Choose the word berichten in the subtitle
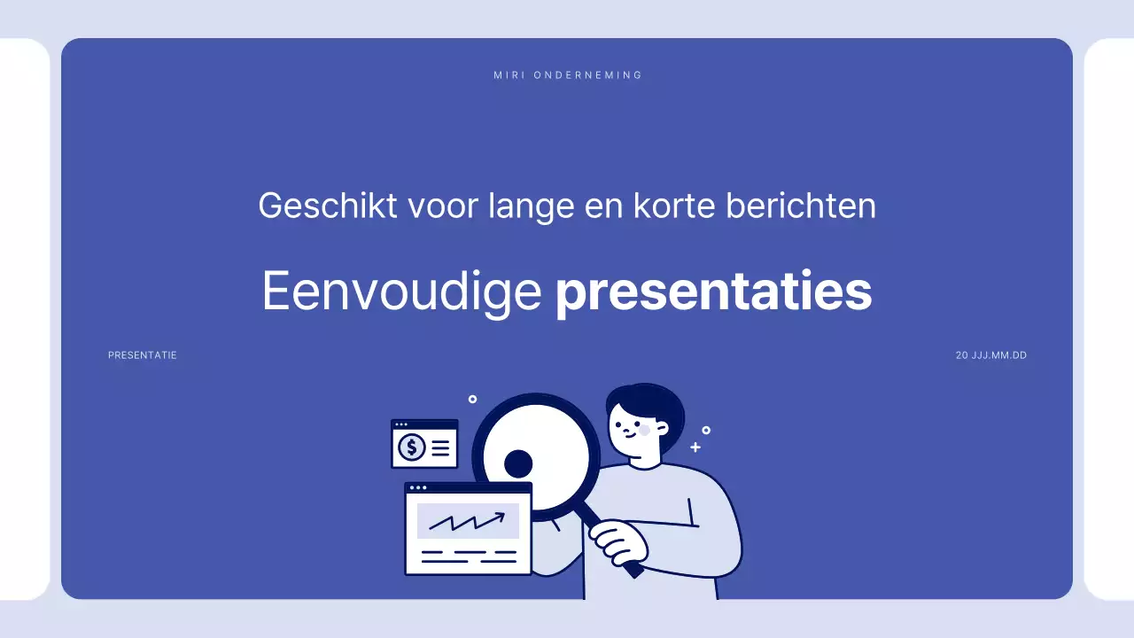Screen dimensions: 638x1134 point(801,206)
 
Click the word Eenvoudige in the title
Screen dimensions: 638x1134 point(401,291)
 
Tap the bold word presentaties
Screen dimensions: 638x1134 point(713,292)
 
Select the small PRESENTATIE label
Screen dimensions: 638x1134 point(143,355)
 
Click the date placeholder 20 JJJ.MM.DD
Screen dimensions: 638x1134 point(991,355)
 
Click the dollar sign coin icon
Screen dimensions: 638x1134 point(411,447)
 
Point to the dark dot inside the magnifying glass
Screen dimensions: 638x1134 point(518,463)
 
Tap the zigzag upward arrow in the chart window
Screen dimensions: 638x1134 point(467,520)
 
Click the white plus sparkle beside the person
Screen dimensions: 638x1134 point(695,447)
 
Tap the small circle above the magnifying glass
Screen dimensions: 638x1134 point(472,400)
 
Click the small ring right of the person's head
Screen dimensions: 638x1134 point(706,431)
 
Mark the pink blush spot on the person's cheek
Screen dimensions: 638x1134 point(644,430)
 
